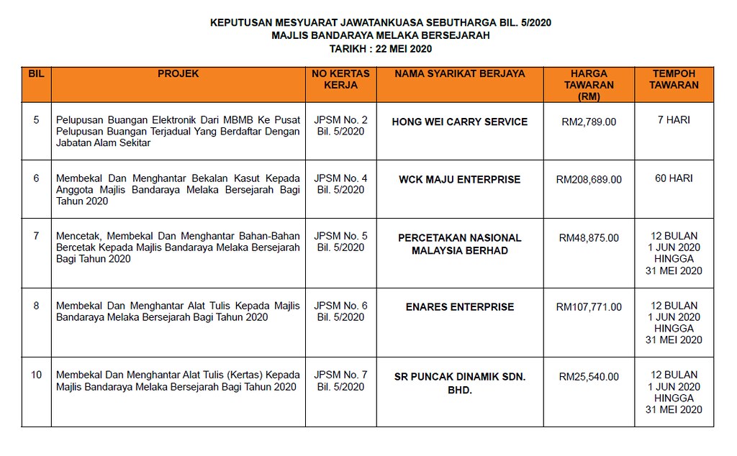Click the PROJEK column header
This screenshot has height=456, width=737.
178,73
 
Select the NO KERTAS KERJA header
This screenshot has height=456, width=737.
341,79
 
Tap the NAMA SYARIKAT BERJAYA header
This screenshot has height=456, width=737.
460,73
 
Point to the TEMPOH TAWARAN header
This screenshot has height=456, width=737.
674,79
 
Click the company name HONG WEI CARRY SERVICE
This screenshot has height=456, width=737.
460,122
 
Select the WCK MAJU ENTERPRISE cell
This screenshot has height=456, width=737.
460,179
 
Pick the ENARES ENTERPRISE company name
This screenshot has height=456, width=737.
460,306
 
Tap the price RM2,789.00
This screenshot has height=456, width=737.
589,122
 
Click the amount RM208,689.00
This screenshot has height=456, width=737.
589,179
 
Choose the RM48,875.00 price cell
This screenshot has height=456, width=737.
589,237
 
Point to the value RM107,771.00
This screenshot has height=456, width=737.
589,306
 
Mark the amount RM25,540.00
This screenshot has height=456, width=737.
589,376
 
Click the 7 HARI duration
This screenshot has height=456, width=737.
674,120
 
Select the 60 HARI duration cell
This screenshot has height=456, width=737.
674,178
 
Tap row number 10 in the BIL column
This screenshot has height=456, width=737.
37,375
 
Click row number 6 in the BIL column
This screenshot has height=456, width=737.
37,178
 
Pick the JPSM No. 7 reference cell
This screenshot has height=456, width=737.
341,380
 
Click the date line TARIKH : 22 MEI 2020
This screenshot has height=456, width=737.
381,49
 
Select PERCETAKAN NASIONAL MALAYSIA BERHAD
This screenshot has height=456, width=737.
460,244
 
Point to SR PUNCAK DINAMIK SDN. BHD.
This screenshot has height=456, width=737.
460,383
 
